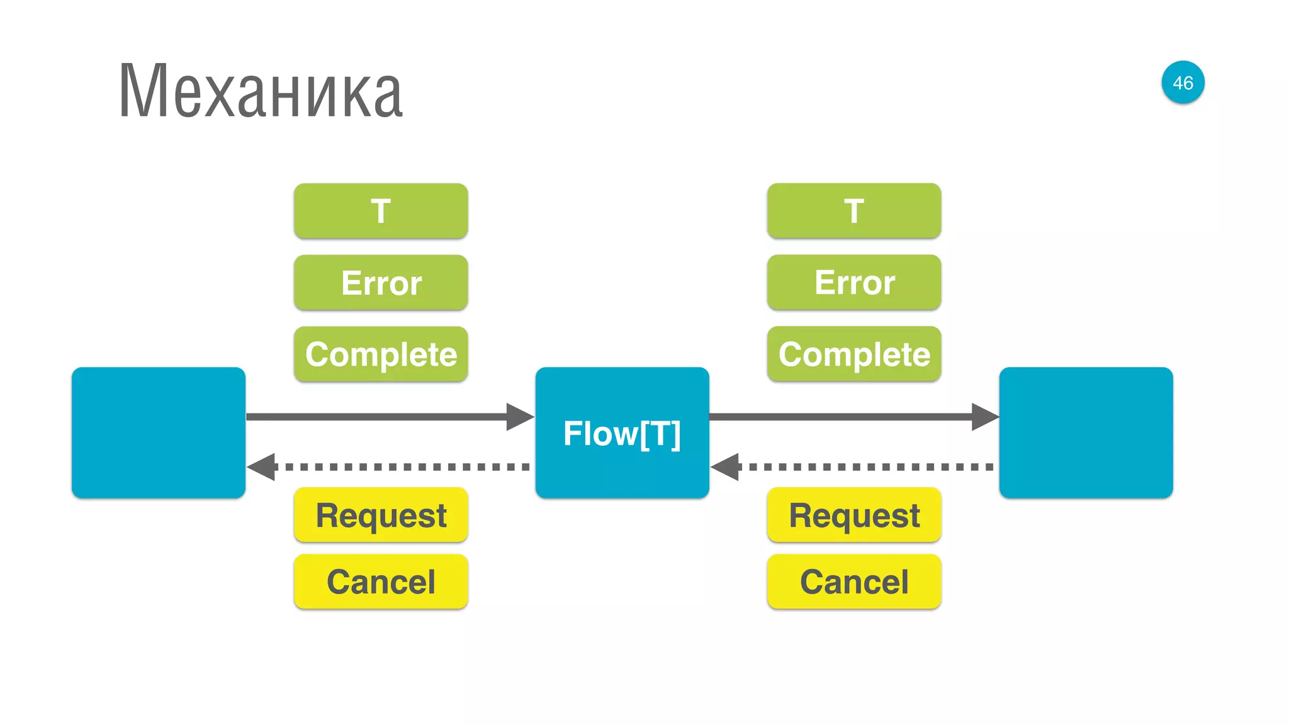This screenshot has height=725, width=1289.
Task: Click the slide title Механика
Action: click(x=261, y=91)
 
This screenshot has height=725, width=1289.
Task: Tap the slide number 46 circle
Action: click(x=1183, y=82)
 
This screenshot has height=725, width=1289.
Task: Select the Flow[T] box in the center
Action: click(x=622, y=433)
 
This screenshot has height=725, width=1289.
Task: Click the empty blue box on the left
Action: click(x=159, y=433)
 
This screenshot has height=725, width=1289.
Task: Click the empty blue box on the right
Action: click(x=1086, y=433)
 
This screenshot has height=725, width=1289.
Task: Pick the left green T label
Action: click(x=381, y=211)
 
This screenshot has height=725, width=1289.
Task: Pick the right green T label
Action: click(x=854, y=211)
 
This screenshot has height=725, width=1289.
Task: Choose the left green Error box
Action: click(x=381, y=283)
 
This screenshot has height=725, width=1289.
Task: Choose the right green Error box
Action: click(x=854, y=283)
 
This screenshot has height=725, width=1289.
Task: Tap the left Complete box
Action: click(x=381, y=354)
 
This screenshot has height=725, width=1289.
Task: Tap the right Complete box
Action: click(x=854, y=354)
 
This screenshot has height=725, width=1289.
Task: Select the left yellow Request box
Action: click(x=381, y=515)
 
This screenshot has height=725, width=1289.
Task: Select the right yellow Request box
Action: click(x=854, y=515)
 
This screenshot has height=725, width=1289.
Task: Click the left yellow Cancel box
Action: click(x=381, y=582)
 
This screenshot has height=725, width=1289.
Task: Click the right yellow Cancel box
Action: click(x=854, y=582)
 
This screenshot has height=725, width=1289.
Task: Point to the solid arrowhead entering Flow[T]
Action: click(x=520, y=417)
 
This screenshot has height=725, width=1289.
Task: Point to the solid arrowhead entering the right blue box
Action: click(x=984, y=417)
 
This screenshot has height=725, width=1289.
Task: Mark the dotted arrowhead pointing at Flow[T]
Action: click(x=726, y=467)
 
